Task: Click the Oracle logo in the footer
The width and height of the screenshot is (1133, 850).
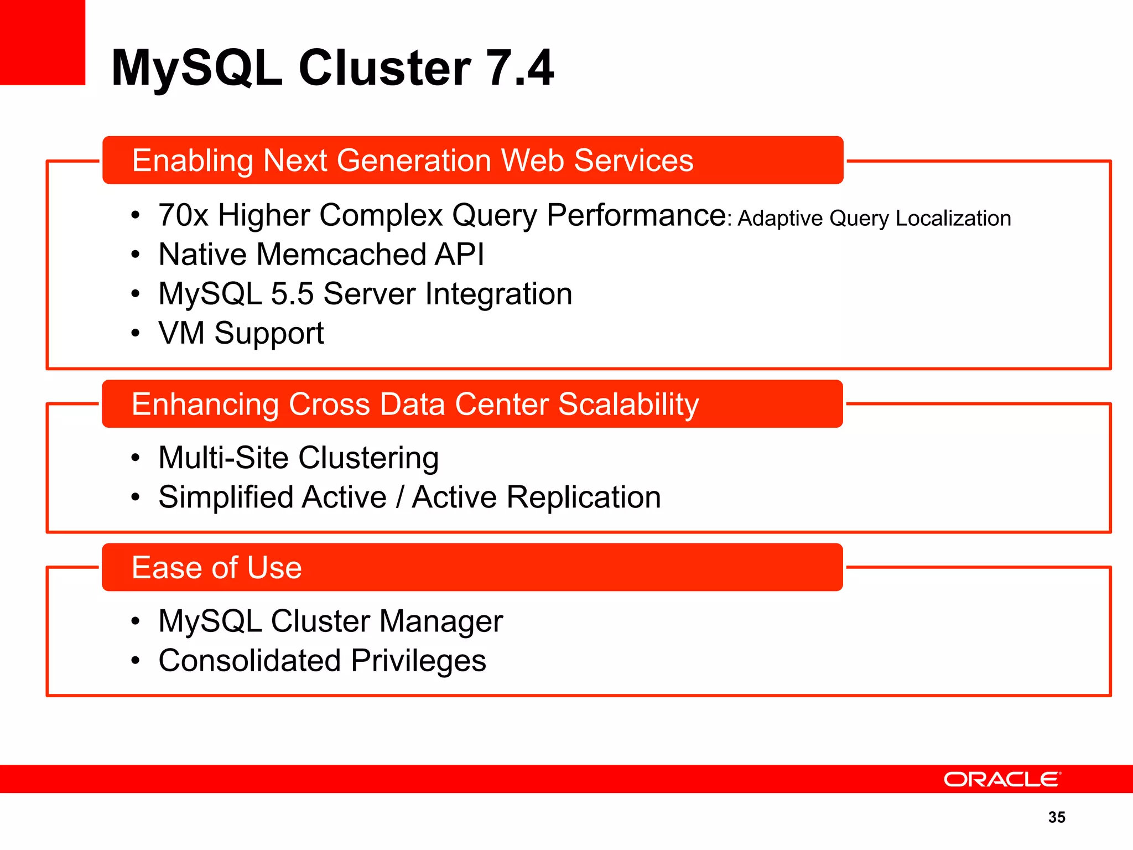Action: tap(1002, 779)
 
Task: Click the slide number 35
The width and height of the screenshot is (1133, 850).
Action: tap(1057, 817)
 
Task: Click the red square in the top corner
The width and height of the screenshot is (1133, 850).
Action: tap(42, 42)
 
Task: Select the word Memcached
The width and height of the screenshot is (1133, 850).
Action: tap(341, 255)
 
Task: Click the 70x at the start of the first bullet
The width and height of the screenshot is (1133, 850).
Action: tap(183, 215)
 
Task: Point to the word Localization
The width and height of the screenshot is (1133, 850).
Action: tap(953, 219)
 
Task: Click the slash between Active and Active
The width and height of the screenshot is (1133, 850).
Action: tap(399, 497)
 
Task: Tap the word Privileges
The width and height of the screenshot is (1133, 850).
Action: tap(418, 661)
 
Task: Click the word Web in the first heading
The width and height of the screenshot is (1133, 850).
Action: tap(532, 160)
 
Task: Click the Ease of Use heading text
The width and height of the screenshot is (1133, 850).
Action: tap(216, 568)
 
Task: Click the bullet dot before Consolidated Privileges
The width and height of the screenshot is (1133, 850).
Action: tap(136, 661)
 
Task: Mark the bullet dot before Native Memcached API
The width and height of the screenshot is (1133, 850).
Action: tap(136, 255)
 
